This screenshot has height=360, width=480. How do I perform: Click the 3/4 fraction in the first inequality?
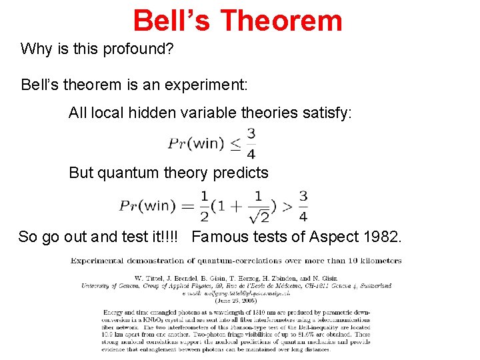click(251, 143)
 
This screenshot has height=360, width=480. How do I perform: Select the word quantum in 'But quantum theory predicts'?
click(126, 173)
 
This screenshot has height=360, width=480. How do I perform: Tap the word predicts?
click(238, 173)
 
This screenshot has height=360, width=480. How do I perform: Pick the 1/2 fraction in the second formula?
click(204, 205)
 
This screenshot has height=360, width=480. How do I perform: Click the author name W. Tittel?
click(150, 279)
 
